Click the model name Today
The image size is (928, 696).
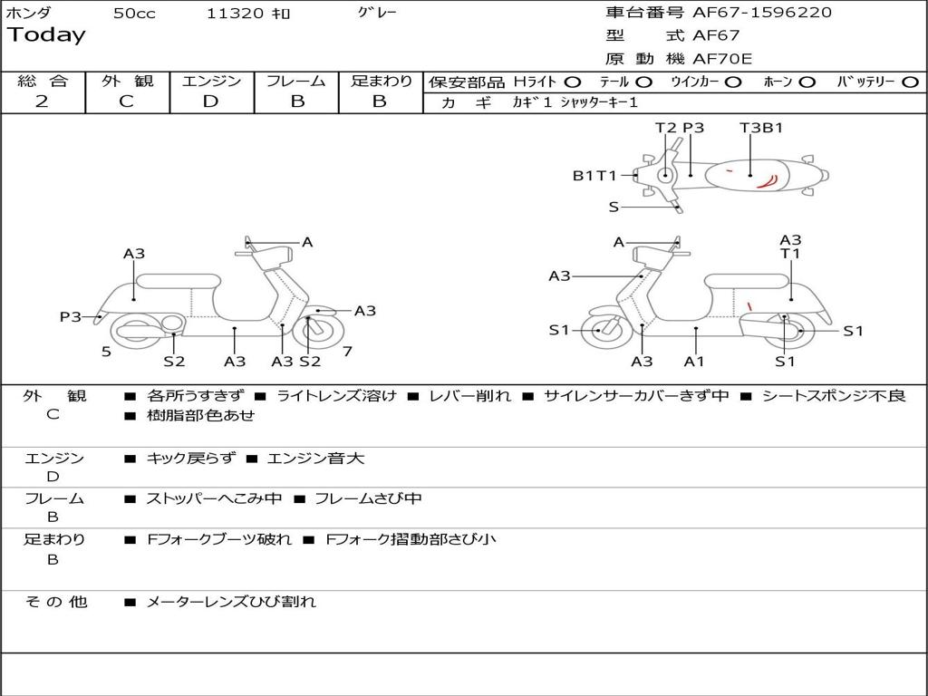(46, 35)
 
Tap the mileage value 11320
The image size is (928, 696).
(235, 14)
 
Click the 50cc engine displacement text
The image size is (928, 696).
(134, 14)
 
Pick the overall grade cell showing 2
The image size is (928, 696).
(42, 101)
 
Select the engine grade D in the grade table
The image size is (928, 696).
(210, 101)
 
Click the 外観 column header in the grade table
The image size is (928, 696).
(127, 82)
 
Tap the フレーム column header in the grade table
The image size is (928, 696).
(296, 82)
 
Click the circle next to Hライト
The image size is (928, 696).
(573, 82)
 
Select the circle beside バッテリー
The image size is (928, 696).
(910, 82)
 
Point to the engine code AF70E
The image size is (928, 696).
(722, 60)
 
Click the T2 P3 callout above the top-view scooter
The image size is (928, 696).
(680, 128)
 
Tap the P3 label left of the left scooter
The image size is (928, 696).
(71, 316)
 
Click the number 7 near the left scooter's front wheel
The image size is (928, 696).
(347, 351)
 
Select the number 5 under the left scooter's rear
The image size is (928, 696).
(106, 352)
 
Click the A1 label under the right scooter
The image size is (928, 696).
(694, 362)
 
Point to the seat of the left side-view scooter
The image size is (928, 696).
(178, 281)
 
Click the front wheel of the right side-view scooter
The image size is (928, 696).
(601, 331)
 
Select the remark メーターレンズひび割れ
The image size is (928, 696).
(231, 602)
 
